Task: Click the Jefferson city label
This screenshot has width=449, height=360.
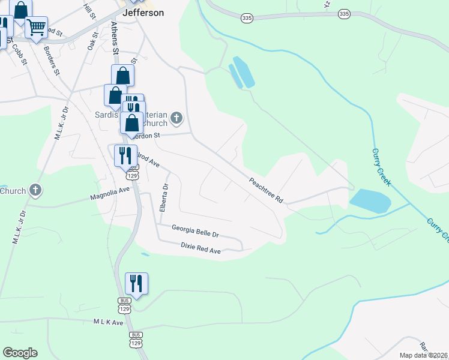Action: tap(143, 13)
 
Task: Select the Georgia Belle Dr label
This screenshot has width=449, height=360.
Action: tap(195, 228)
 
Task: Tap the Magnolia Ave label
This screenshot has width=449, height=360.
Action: tap(110, 193)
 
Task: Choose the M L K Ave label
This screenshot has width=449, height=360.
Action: tap(108, 322)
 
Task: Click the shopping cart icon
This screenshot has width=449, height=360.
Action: tap(36, 27)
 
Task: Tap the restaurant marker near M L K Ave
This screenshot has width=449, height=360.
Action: tap(136, 283)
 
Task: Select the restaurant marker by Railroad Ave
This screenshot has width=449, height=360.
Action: tap(125, 155)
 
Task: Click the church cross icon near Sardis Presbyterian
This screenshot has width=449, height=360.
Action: tap(176, 118)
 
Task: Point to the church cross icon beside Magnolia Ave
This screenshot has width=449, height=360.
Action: tap(35, 191)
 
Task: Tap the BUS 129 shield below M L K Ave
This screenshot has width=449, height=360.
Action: tap(136, 339)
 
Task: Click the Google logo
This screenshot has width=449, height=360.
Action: tap(20, 353)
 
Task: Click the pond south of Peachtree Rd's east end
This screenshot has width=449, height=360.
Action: tap(370, 200)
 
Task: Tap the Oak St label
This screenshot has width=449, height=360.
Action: tap(92, 41)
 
